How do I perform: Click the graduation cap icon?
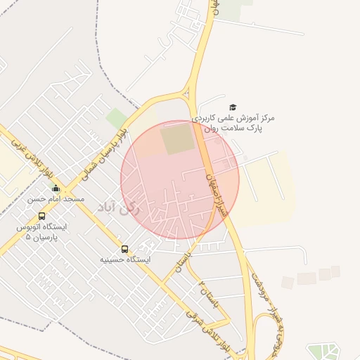point(233,108)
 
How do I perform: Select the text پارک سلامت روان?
point(233,129)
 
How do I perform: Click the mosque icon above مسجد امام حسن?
point(56,188)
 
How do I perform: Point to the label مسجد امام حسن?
point(56,199)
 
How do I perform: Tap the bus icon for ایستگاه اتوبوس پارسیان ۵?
point(41,217)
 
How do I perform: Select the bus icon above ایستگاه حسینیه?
point(125,249)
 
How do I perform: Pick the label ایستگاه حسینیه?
point(125,259)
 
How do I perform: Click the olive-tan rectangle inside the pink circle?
point(177,139)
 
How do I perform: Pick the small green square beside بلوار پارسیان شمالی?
point(116,118)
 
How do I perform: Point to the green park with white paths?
point(323,351)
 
